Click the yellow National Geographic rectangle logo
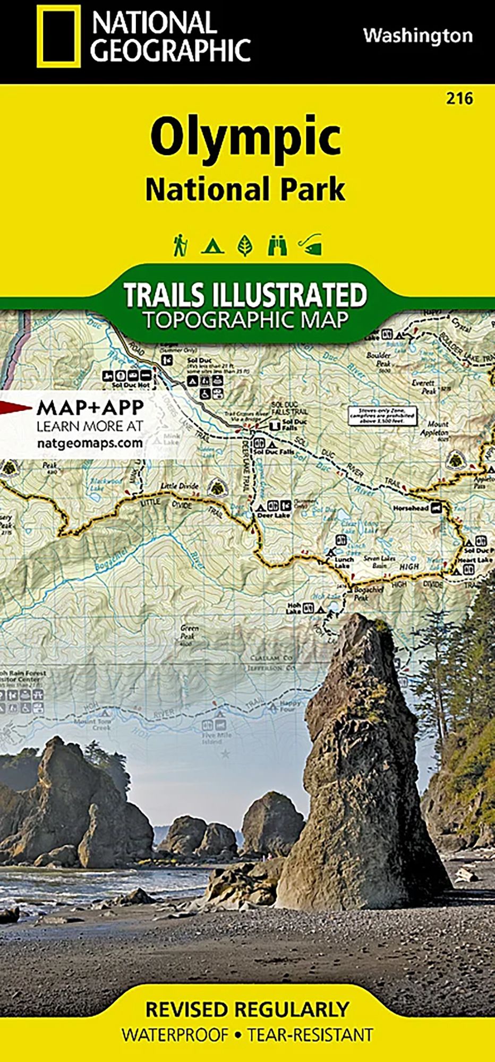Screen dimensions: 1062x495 coord(58,36)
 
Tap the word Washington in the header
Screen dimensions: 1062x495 coord(417,36)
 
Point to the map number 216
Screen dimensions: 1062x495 coord(459,99)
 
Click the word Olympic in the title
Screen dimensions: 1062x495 coord(245,137)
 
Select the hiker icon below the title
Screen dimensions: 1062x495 coord(180,245)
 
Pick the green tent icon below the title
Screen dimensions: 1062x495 coord(212,246)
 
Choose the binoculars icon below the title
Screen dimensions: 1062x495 coord(277,245)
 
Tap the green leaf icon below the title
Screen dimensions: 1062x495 coord(244,245)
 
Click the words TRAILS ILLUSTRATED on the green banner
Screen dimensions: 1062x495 coord(245,295)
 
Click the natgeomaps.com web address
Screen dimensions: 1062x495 coord(90,443)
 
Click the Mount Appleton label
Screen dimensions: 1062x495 coord(438,428)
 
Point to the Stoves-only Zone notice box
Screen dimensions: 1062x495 coord(381,415)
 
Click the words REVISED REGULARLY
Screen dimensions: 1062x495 coord(247,1009)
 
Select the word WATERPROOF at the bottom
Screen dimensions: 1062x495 coord(175,1035)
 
